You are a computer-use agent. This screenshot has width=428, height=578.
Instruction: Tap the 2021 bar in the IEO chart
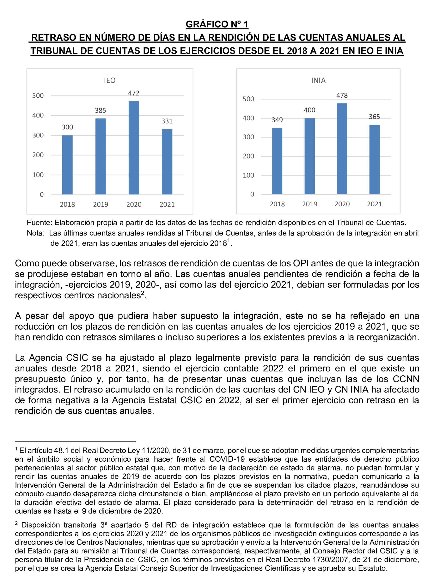tap(167, 162)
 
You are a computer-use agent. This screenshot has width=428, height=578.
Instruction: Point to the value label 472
tap(134, 93)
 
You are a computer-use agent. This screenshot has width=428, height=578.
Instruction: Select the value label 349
tap(277, 120)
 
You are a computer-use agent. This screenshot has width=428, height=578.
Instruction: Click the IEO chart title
tap(110, 80)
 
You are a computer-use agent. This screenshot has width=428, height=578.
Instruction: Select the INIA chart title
tap(318, 80)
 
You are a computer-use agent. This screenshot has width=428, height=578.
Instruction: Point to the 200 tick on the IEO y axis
tap(38, 155)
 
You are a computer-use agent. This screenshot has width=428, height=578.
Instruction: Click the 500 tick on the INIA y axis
tap(248, 99)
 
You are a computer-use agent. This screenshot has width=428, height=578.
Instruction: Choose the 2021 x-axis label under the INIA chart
tap(374, 204)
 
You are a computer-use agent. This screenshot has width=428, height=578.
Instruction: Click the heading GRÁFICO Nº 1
tap(217, 24)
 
